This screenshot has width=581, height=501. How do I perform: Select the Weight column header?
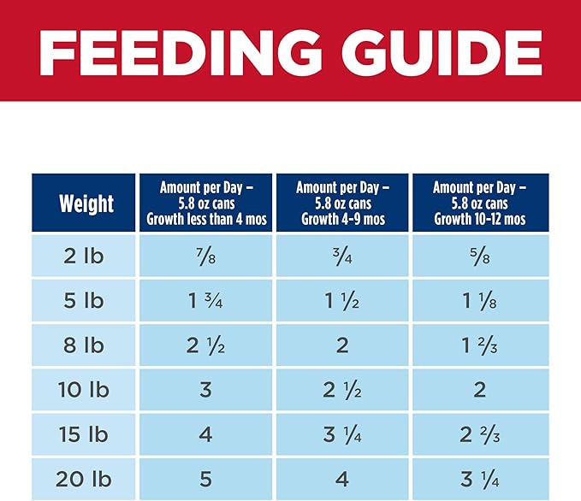pyautogui.click(x=85, y=203)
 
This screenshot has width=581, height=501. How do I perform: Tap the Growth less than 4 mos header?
pyautogui.click(x=205, y=203)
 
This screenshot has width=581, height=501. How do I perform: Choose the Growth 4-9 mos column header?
pyautogui.click(x=342, y=203)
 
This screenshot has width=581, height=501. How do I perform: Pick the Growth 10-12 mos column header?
pyautogui.click(x=479, y=203)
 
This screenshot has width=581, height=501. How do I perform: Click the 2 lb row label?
pyautogui.click(x=84, y=256)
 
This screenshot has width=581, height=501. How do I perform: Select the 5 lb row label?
pyautogui.click(x=84, y=301)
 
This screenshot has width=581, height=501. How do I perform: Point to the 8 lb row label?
pyautogui.click(x=84, y=345)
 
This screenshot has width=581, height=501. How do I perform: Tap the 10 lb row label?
pyautogui.click(x=84, y=390)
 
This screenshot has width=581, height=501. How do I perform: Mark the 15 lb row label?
pyautogui.click(x=84, y=435)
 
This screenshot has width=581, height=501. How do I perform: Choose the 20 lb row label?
pyautogui.click(x=84, y=480)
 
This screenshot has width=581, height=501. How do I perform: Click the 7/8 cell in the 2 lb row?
pyautogui.click(x=205, y=256)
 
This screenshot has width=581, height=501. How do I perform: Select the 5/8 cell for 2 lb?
pyautogui.click(x=479, y=256)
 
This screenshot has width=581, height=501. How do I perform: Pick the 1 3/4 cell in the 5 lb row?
pyautogui.click(x=205, y=301)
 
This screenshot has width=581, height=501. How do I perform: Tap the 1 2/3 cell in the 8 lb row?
pyautogui.click(x=479, y=345)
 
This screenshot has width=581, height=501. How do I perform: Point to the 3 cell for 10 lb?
pyautogui.click(x=205, y=390)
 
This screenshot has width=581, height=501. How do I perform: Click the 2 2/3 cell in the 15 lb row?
pyautogui.click(x=479, y=435)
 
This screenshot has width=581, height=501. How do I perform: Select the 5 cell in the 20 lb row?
pyautogui.click(x=205, y=480)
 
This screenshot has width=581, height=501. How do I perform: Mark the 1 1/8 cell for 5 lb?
pyautogui.click(x=479, y=301)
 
